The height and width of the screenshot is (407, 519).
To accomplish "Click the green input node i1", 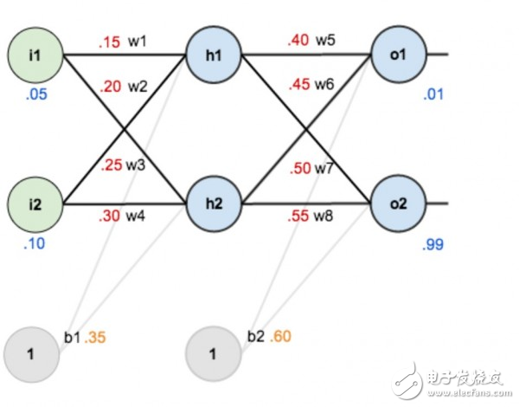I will tap(35, 55).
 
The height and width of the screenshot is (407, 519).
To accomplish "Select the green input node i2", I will tap(35, 205).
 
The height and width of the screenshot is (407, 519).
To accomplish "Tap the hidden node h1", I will tap(214, 55).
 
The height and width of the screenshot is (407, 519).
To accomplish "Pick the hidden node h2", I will tap(214, 205).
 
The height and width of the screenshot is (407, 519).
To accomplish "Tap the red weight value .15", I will tap(109, 42).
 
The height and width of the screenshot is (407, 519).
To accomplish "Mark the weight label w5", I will tap(325, 42).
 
